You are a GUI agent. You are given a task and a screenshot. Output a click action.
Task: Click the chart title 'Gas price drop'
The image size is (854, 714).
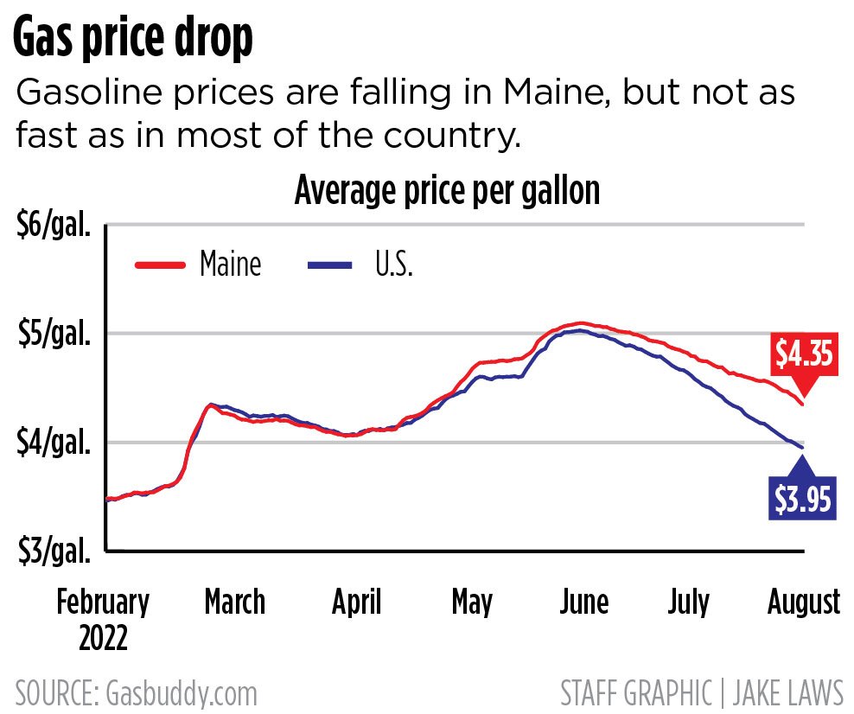click(133, 39)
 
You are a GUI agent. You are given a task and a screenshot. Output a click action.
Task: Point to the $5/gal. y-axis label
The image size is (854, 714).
click(54, 335)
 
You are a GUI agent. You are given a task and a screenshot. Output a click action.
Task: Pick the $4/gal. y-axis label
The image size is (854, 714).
click(54, 443)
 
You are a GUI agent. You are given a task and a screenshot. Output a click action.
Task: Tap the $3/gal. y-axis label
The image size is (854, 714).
click(54, 550)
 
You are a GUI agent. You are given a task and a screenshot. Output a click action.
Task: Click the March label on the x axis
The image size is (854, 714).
click(234, 602)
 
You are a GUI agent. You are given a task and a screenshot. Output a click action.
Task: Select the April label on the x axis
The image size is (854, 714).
click(356, 602)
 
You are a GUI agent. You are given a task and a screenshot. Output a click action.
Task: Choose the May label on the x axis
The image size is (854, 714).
click(472, 602)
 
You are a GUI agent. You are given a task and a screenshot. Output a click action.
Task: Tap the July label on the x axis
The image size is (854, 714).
click(688, 602)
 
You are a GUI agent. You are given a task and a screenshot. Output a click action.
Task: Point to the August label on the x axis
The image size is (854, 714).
click(804, 602)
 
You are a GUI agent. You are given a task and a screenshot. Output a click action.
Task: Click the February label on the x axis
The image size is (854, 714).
click(103, 602)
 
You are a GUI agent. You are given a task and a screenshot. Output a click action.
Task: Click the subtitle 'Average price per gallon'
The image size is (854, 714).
click(447, 191)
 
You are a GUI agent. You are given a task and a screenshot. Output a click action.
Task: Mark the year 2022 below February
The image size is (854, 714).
click(103, 639)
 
